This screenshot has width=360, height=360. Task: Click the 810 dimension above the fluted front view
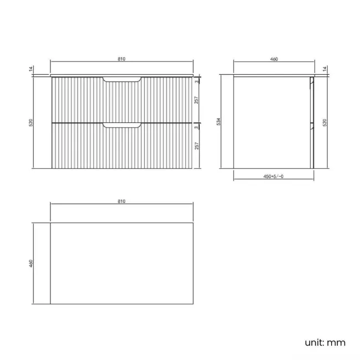click(122, 58)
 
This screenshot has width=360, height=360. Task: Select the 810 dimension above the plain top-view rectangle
click(122, 200)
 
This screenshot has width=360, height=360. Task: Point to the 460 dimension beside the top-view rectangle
click(32, 264)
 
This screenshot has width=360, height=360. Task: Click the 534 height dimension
click(219, 121)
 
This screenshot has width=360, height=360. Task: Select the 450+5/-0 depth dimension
click(273, 177)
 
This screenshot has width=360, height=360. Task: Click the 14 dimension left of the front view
click(32, 69)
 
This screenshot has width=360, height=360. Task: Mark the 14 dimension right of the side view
click(325, 69)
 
